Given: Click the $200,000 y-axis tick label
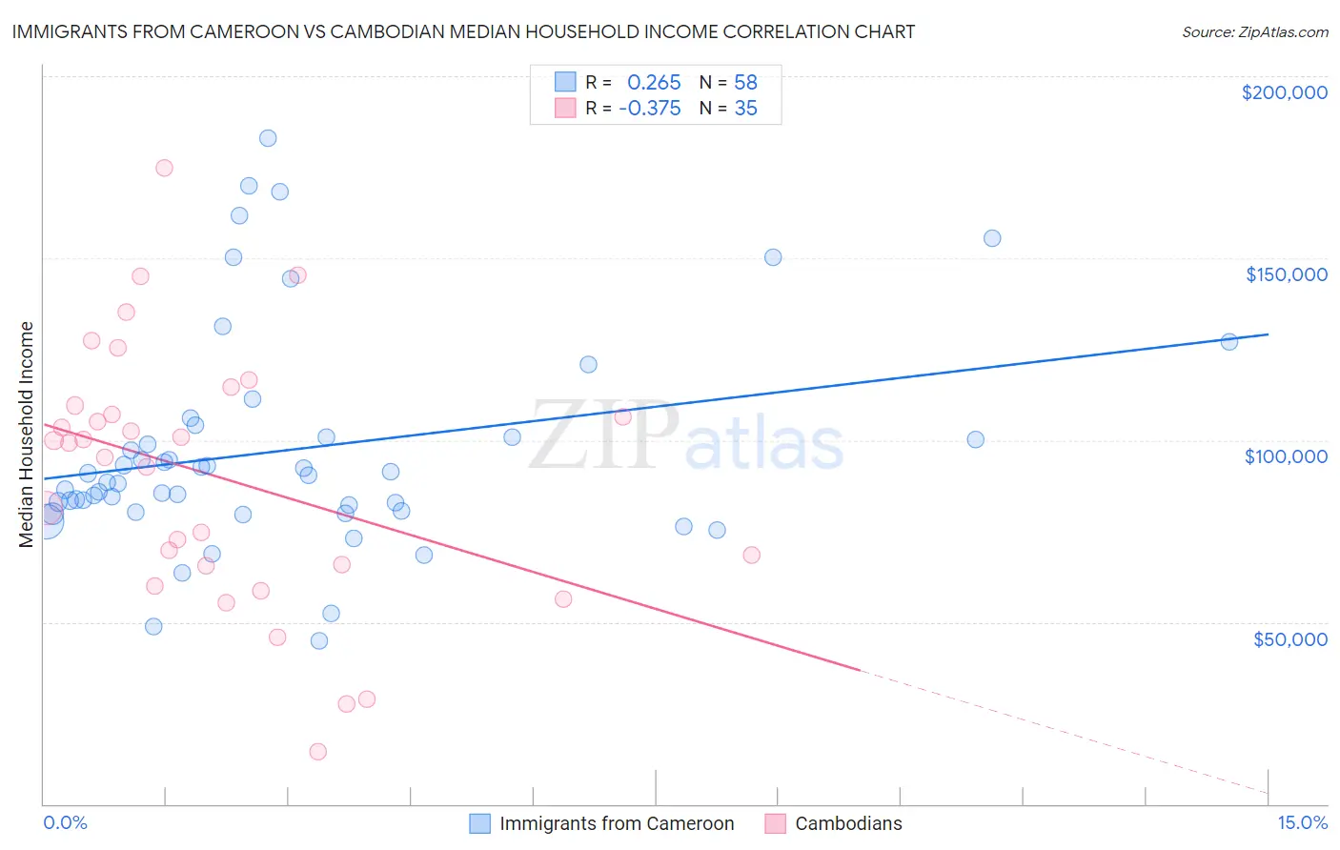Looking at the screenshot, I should [x=1284, y=92].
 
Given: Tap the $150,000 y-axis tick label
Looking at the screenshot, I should [x=1286, y=274].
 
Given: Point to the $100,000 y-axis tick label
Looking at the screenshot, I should [x=1286, y=456].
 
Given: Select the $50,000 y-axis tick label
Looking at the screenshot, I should [x=1289, y=638].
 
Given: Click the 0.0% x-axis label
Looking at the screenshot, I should [x=65, y=822].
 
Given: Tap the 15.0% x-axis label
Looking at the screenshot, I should [x=1302, y=822].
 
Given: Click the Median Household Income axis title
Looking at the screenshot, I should [x=26, y=435].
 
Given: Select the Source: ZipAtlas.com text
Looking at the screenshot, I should [x=1254, y=32].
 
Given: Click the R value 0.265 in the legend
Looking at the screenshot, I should [x=654, y=83].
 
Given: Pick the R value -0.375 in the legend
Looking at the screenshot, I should [x=650, y=109].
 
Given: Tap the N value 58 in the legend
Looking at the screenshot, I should [x=745, y=83].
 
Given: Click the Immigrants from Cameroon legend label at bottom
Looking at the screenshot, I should [x=617, y=823].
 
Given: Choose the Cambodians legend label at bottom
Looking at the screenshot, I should [x=848, y=823].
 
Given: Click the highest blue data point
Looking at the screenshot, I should [x=268, y=138].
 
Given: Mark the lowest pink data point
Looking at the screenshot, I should [x=318, y=752].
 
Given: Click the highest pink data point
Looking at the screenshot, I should [x=164, y=168].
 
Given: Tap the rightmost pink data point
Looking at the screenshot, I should [x=751, y=555].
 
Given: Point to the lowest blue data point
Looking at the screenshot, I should [x=319, y=641].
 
